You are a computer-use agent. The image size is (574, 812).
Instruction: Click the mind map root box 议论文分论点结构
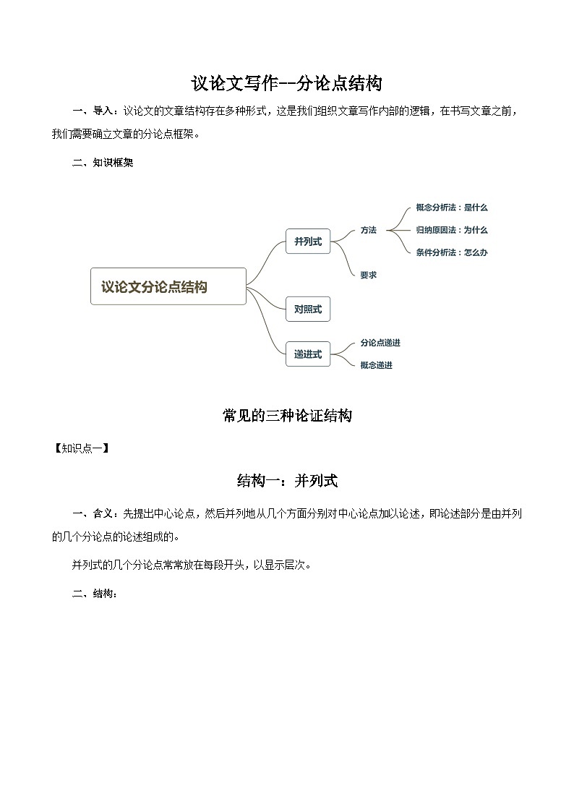click(x=168, y=286)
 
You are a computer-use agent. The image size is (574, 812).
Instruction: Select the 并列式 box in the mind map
click(x=308, y=241)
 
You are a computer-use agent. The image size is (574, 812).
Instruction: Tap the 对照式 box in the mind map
click(x=308, y=309)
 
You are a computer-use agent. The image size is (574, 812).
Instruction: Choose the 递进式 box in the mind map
click(x=308, y=354)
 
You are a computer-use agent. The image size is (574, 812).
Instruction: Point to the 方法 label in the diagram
click(x=369, y=230)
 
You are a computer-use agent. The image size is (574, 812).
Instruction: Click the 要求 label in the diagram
click(x=369, y=275)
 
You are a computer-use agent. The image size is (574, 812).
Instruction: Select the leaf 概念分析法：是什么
click(x=452, y=208)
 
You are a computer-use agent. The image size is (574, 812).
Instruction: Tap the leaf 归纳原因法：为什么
click(x=452, y=230)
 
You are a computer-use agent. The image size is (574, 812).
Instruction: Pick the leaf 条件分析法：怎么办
click(x=452, y=252)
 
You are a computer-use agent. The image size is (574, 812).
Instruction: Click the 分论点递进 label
click(x=380, y=343)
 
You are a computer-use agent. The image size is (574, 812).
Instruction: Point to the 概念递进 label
click(x=377, y=365)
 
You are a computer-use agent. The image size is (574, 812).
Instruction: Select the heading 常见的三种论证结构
click(x=287, y=416)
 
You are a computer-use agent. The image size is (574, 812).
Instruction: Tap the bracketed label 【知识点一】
click(x=82, y=448)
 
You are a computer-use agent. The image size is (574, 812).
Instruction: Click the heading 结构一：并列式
click(x=287, y=481)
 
